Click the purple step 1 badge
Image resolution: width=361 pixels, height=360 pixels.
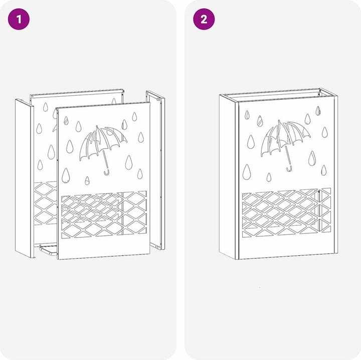point(19,19)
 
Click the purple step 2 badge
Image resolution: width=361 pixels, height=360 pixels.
point(204,19)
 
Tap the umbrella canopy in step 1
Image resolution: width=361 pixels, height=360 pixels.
point(102,143)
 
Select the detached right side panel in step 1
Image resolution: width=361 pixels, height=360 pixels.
point(155,170)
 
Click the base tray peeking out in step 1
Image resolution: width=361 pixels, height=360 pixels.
point(48,250)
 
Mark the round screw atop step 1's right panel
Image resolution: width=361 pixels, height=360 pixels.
point(158,99)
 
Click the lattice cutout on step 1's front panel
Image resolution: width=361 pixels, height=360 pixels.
point(104,214)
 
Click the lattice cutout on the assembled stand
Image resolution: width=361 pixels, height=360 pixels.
point(287,213)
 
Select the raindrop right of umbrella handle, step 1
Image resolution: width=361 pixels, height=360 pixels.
point(129,163)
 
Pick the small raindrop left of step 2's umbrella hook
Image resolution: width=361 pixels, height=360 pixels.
point(269,177)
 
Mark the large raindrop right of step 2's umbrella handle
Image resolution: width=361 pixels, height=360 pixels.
point(312,158)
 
